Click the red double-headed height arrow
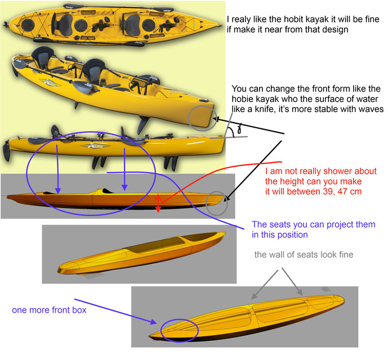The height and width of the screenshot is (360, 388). [x=158, y=202]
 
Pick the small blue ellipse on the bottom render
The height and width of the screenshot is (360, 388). [x=179, y=328]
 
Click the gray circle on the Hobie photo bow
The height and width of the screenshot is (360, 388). [x=201, y=116]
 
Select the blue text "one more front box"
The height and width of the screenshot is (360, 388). [x=49, y=310]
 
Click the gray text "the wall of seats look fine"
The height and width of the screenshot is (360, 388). [x=304, y=255]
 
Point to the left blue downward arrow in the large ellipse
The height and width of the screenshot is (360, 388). [x=57, y=165]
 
